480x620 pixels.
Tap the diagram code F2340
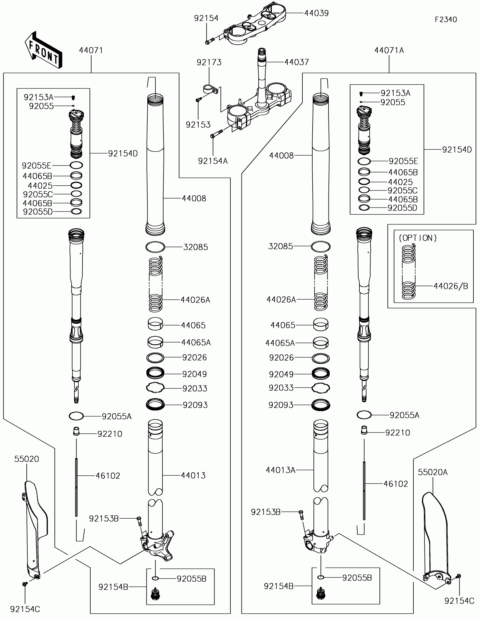coord(446,20)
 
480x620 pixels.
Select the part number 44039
coord(316,13)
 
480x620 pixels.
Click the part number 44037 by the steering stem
coord(296,62)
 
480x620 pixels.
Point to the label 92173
coord(209,62)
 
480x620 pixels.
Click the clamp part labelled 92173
coord(209,89)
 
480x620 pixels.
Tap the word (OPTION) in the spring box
coord(418,238)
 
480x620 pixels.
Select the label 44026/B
coord(451,286)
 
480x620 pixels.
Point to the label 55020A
coord(433,472)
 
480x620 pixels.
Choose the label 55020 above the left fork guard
coord(27,459)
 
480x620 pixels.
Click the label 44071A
coord(389,50)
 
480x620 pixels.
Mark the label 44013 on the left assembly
coord(193,475)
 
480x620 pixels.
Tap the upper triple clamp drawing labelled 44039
coord(255,25)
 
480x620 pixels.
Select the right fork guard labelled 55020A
coord(435,540)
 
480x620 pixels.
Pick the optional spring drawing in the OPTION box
coord(409,272)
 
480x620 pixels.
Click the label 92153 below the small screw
coord(198,125)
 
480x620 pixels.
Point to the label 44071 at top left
coord(91,50)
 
